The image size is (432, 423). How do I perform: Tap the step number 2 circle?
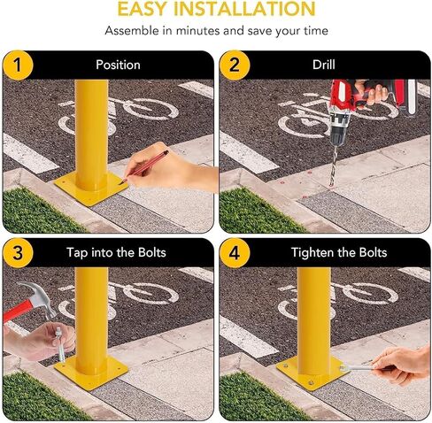point(234,65)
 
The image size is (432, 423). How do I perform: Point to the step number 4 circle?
point(234,252)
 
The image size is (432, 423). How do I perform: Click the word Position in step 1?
point(118,65)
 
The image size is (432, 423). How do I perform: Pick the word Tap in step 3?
point(78,252)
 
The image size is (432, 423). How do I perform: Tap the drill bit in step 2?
point(333,159)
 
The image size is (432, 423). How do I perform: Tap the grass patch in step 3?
point(35,394)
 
